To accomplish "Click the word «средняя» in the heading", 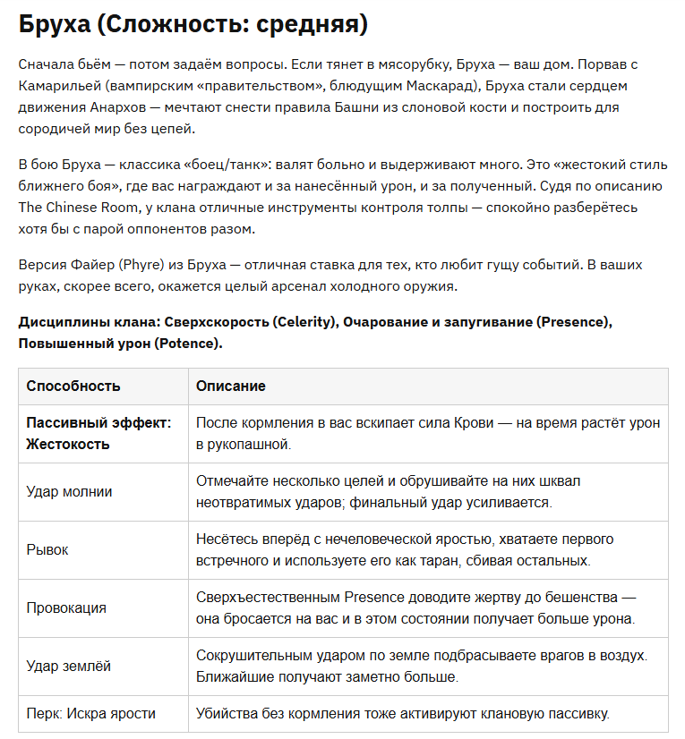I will coord(311,24).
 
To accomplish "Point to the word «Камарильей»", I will coord(56,88).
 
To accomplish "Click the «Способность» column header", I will coord(73,386).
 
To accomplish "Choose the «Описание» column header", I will coord(231,386).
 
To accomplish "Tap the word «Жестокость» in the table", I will coord(68,444).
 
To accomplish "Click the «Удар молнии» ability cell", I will coord(69,491).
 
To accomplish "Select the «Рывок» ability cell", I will coord(47,549).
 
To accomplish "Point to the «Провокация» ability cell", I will coord(66,607).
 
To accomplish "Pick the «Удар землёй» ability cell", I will coord(69,666).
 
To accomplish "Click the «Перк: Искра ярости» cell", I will coord(90,713).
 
